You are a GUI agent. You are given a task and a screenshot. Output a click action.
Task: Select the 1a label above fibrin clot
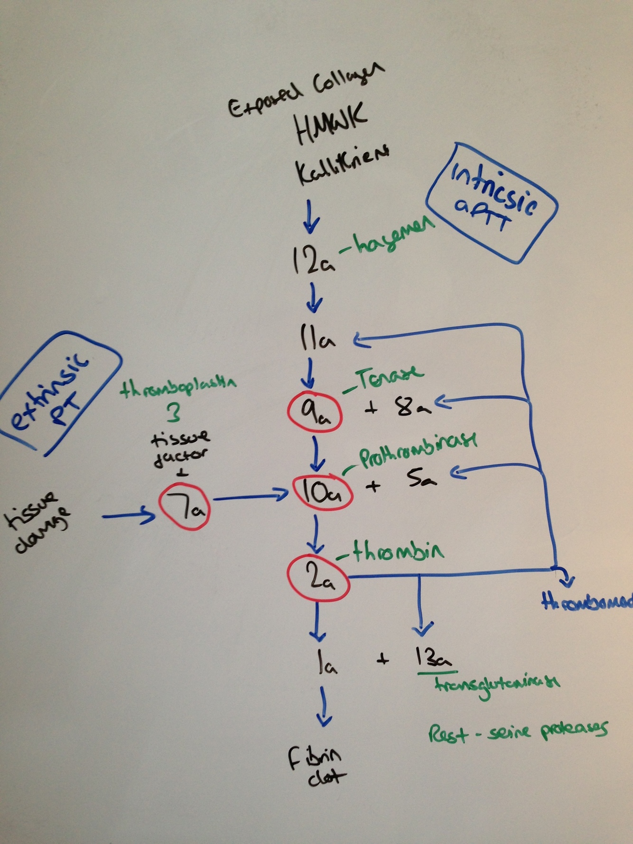(x=326, y=662)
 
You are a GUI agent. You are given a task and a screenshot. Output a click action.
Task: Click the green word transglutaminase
(x=496, y=684)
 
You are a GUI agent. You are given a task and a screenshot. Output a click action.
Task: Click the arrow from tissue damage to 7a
(x=128, y=515)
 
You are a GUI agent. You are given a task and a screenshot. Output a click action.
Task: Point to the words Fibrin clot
(x=317, y=767)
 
